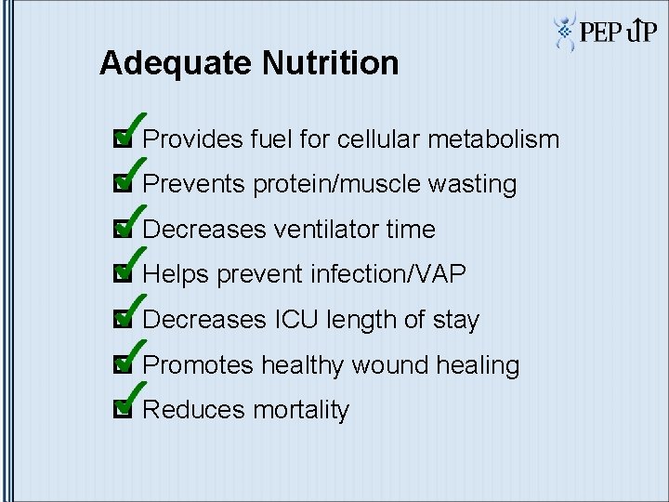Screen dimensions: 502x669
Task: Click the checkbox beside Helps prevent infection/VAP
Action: [119, 275]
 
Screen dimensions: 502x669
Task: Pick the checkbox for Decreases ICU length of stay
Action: [119, 321]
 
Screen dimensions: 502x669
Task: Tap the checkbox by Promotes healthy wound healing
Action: [119, 365]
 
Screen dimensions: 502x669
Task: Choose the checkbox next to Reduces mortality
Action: [119, 410]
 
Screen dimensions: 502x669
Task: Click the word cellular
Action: [375, 140]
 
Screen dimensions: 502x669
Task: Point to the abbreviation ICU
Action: [296, 320]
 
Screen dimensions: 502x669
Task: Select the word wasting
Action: [472, 185]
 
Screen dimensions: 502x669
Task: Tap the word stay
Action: [454, 321]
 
